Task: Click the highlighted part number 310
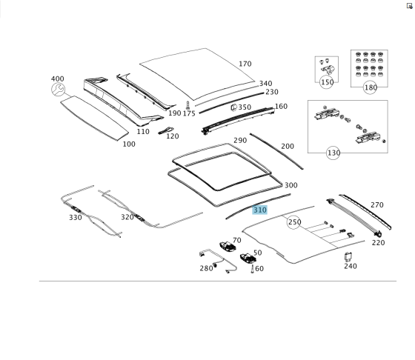[260, 210]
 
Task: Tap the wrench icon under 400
[58, 90]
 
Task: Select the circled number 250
[293, 222]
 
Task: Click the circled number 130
[333, 153]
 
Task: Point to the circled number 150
[327, 82]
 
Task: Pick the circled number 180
[371, 87]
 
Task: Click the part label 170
[245, 64]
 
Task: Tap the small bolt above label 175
[188, 106]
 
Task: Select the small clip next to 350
[233, 107]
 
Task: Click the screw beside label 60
[252, 269]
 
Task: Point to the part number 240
[351, 266]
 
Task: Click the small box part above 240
[348, 257]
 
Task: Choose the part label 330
[76, 218]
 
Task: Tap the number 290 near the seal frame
[240, 141]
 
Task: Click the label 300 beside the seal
[290, 185]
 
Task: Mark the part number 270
[377, 205]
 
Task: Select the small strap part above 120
[166, 130]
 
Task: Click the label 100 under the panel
[129, 144]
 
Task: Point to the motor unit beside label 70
[228, 247]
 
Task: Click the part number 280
[206, 268]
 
